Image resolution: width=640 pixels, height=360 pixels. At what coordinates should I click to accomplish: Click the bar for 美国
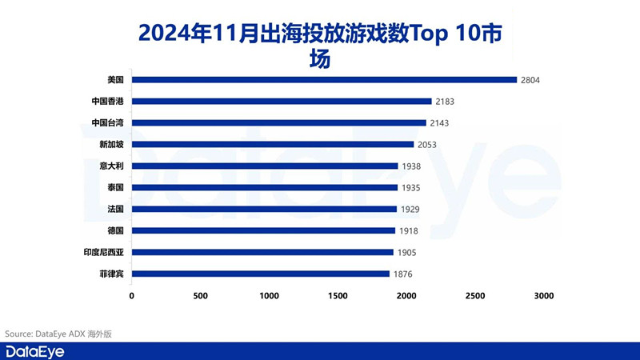(x=324, y=80)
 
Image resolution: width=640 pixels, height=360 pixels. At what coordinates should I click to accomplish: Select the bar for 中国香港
(x=282, y=102)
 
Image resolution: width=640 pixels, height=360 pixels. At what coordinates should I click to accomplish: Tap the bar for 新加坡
(x=273, y=144)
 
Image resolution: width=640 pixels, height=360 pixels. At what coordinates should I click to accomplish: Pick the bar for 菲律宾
(x=261, y=274)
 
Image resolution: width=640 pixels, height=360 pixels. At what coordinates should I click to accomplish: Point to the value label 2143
(x=442, y=123)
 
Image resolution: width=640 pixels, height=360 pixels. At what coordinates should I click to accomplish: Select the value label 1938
(x=413, y=166)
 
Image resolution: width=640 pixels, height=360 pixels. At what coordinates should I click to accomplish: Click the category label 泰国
(x=114, y=187)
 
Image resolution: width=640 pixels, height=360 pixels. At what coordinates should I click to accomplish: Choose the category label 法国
(x=114, y=209)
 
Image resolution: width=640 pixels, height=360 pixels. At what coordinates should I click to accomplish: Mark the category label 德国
(x=114, y=230)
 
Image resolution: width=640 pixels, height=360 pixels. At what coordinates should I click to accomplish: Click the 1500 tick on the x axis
(x=338, y=296)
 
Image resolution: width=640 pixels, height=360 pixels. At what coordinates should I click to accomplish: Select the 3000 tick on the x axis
(x=543, y=296)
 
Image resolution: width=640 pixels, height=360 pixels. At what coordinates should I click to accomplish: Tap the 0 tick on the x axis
(x=132, y=296)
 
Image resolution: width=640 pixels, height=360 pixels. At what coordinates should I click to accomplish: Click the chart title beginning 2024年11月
(x=320, y=45)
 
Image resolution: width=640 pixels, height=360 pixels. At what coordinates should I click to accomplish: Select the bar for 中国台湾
(x=279, y=123)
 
